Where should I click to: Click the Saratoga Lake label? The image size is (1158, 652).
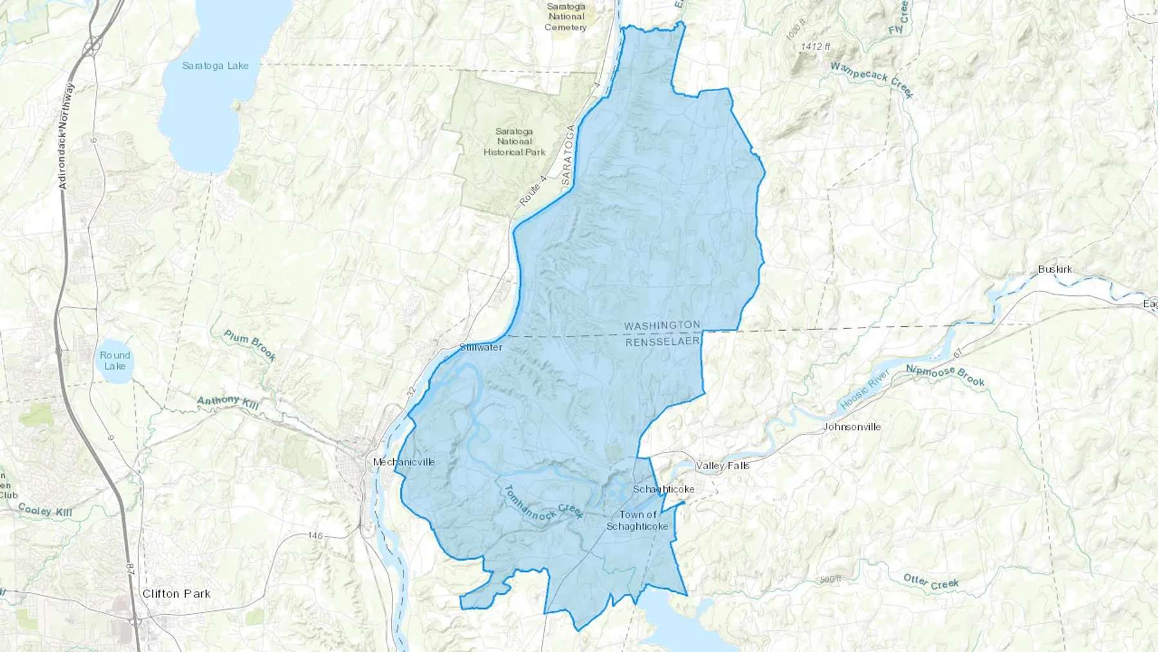pos(215,66)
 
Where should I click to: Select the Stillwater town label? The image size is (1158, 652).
pos(481,348)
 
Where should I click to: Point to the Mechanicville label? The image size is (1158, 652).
pos(404,462)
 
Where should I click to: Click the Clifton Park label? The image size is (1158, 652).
pos(176,593)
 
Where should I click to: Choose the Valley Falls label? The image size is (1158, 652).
pos(722,465)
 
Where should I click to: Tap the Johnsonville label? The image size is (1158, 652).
pos(852,427)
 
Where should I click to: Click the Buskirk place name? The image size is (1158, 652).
pos(1054,269)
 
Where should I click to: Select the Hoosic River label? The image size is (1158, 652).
pos(865,389)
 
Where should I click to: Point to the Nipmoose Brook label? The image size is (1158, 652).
pos(945,376)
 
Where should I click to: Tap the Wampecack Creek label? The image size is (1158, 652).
pos(871,79)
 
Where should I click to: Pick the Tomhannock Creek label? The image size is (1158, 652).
pos(542,502)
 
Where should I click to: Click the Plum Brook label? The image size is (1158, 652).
pos(250,345)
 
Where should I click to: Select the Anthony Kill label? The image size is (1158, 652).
pos(228,403)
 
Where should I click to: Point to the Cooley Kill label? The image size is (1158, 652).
pos(45,510)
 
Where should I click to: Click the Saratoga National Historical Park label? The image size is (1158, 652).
pos(514,142)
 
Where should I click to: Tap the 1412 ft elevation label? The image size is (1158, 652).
pos(815,46)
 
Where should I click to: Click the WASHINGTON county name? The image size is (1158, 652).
pos(661,326)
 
